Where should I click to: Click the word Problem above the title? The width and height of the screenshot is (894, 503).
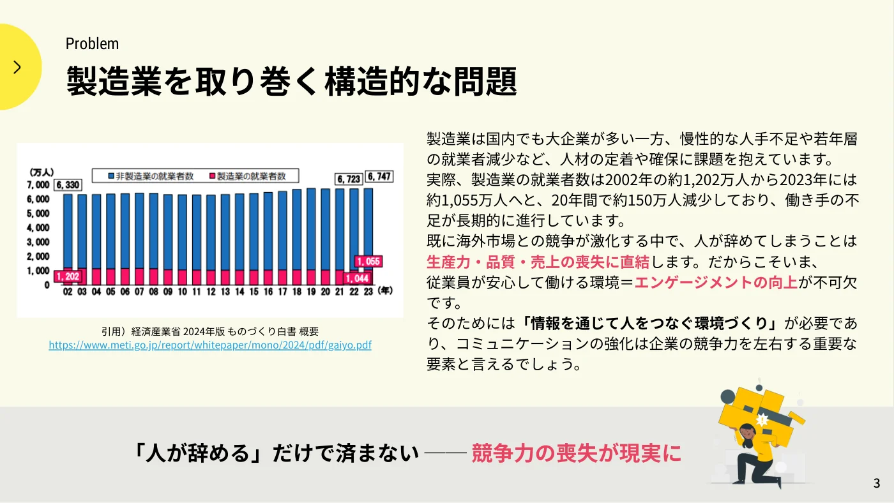click(x=92, y=44)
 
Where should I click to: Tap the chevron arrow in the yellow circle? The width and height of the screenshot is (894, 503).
click(x=17, y=67)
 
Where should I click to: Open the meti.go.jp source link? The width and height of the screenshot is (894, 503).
click(x=210, y=345)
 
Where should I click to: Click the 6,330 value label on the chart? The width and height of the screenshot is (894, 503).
click(x=68, y=184)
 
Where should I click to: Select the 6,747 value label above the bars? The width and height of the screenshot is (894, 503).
click(x=379, y=176)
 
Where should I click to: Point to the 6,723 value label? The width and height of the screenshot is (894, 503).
click(x=349, y=179)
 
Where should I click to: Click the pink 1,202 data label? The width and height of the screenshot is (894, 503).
click(x=68, y=276)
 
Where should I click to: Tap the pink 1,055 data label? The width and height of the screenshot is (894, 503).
click(x=368, y=261)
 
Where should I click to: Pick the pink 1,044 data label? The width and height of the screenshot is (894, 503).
click(x=357, y=278)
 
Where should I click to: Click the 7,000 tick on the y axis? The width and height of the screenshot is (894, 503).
click(x=38, y=184)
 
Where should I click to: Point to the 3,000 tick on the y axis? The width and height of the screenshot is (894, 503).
click(x=38, y=242)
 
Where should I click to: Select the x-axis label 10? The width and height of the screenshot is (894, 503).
click(x=183, y=292)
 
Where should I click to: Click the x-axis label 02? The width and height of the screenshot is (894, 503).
click(x=68, y=292)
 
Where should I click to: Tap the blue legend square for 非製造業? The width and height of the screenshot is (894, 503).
click(x=111, y=176)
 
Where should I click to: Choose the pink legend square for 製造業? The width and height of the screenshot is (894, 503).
click(x=212, y=176)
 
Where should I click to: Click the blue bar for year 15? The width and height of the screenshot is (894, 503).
click(x=254, y=232)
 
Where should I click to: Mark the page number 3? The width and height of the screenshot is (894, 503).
click(x=876, y=483)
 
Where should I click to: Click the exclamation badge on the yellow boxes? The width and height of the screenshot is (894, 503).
click(x=762, y=420)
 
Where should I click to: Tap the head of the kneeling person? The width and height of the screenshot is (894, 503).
click(x=747, y=432)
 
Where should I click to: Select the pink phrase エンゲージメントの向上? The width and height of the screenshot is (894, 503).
click(x=716, y=282)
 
